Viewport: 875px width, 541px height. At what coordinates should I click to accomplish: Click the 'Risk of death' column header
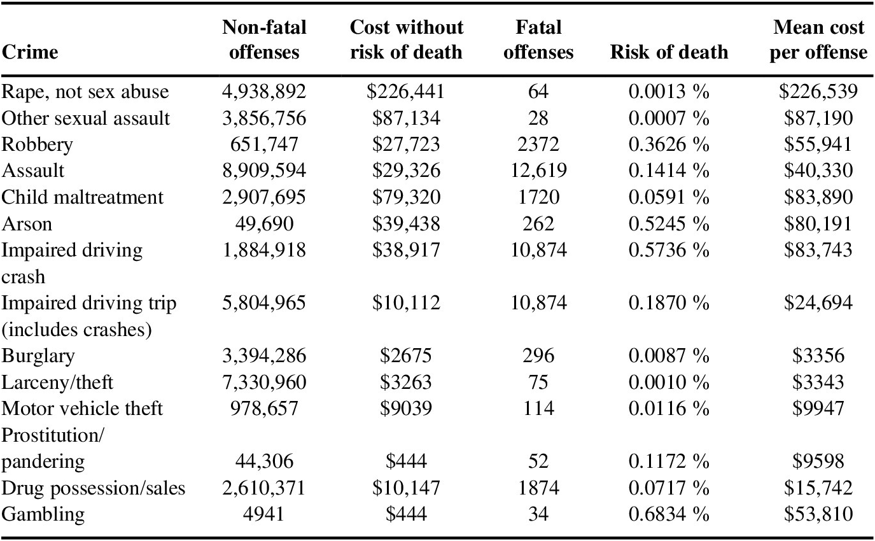click(669, 52)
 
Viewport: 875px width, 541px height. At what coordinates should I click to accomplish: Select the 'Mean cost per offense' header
click(818, 39)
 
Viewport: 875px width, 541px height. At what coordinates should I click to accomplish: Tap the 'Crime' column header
click(30, 52)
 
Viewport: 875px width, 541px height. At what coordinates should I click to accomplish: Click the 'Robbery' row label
click(38, 144)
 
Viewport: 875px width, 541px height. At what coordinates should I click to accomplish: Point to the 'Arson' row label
click(27, 223)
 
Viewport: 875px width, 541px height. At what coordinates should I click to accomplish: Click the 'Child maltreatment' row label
click(83, 197)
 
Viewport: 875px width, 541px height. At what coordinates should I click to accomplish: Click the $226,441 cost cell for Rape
click(405, 92)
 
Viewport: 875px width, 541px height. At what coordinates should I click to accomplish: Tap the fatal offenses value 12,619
click(538, 171)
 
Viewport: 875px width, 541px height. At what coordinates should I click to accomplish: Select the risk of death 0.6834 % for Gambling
click(669, 514)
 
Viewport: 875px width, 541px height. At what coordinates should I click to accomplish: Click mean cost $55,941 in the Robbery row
click(818, 144)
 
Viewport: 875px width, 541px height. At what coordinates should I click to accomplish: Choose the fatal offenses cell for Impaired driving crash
click(538, 249)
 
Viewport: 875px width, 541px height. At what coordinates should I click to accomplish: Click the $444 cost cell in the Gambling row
click(405, 514)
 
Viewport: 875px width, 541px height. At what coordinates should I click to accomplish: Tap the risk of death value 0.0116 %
click(669, 408)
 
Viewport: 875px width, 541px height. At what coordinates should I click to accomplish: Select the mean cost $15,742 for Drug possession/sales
click(818, 488)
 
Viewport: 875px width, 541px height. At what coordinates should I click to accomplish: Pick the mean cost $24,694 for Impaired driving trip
click(818, 303)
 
